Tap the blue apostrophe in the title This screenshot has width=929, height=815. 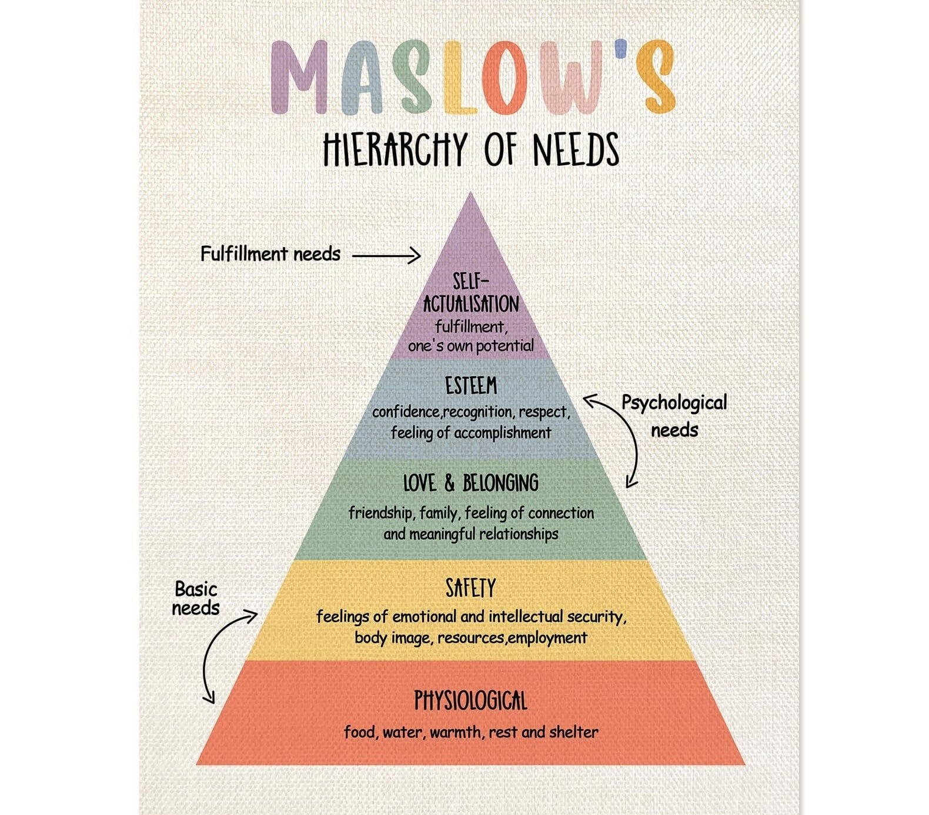click(621, 49)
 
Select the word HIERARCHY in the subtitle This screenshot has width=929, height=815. click(395, 149)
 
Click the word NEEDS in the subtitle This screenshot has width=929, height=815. click(576, 149)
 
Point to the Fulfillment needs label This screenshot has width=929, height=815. click(270, 254)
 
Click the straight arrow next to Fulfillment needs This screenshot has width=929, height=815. click(386, 256)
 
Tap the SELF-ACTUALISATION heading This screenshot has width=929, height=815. click(470, 293)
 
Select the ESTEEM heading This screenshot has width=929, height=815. click(470, 386)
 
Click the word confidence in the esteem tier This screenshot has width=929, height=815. click(406, 412)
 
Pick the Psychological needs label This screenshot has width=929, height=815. click(674, 415)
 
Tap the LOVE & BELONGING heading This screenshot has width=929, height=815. click(470, 483)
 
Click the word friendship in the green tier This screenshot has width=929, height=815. click(380, 513)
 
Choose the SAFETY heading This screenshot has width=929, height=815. click(470, 588)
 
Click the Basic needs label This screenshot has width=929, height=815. click(196, 598)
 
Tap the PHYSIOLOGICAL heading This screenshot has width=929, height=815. click(470, 701)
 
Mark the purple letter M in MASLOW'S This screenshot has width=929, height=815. click(299, 76)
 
